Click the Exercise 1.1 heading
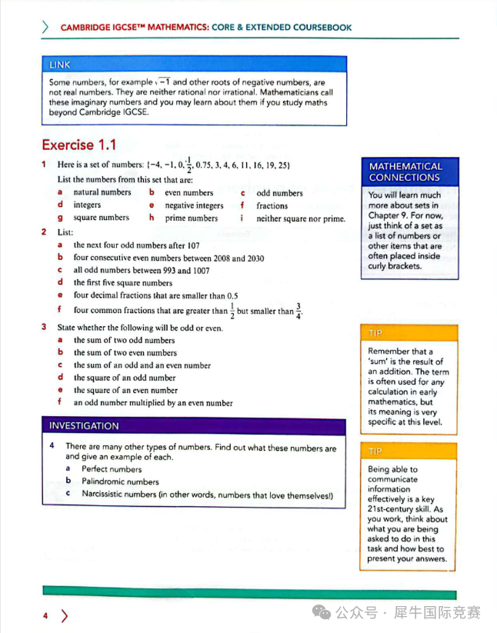78,145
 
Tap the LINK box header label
59,65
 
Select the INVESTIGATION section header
84,425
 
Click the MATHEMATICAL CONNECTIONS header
405,172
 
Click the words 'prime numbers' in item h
192,218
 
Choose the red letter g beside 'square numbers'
60,218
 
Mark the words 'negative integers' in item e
194,205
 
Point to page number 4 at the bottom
45,615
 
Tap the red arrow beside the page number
64,615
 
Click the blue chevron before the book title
45,27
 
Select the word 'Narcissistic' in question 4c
108,494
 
